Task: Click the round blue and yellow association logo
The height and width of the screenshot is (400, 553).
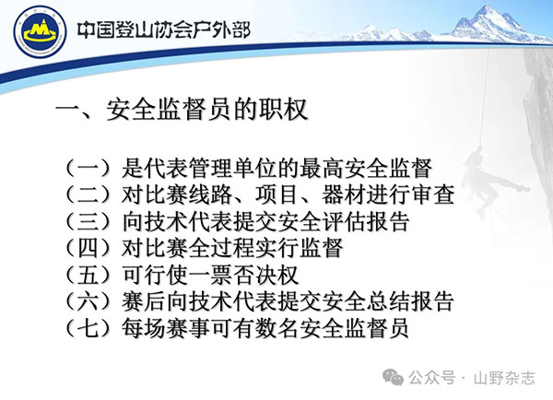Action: pyautogui.click(x=40, y=31)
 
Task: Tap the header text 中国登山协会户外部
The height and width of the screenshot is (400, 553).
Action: pyautogui.click(x=164, y=30)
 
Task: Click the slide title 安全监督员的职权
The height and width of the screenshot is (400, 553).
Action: pyautogui.click(x=207, y=110)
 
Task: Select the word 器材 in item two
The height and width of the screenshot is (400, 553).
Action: pyautogui.click(x=344, y=194)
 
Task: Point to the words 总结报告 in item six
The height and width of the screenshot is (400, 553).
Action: pyautogui.click(x=410, y=301)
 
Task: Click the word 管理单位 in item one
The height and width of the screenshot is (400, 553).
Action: pyautogui.click(x=233, y=168)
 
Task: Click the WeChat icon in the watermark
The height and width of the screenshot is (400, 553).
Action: pyautogui.click(x=394, y=377)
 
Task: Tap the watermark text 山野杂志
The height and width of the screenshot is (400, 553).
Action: pyautogui.click(x=504, y=378)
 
